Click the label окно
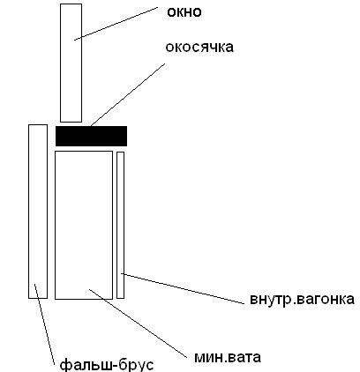pos(184,12)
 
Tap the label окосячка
pos(199,47)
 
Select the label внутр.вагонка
pos(302,299)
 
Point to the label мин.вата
pos(228,357)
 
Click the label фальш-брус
pos(107,365)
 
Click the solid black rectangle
pos(91,136)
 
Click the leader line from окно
pos(116,24)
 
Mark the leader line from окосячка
pos(128,94)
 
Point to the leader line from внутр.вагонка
pos(183,288)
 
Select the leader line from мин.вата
pos(138,324)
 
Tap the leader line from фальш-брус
pos(44,324)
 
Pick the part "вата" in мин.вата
pos(244,358)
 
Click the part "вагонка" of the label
pos(325,299)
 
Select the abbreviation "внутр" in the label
pos(270,300)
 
